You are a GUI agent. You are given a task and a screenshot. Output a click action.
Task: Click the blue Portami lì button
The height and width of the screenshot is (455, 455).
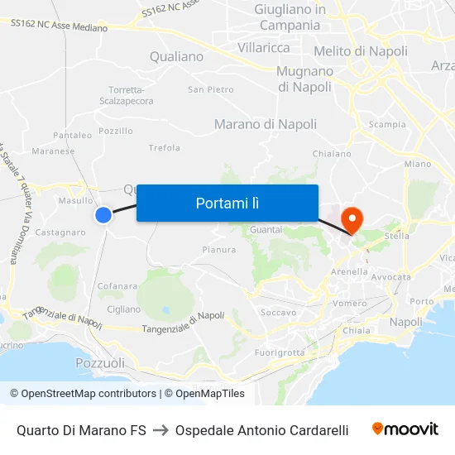pos(227,203)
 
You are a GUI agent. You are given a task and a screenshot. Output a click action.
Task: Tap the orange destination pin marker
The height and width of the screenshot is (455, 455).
pos(352,219)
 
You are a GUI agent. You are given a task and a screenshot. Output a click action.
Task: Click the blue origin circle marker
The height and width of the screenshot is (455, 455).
pos(103,215)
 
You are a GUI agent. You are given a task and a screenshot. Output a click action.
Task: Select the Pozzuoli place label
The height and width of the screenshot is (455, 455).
pos(100,363)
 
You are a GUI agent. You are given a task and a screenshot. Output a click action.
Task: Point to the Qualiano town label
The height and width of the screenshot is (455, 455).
pos(176,57)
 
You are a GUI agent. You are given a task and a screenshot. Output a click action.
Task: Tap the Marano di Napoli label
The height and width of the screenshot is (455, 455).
pos(265,124)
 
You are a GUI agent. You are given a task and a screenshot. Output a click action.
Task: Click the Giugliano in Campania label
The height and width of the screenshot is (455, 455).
pos(290,17)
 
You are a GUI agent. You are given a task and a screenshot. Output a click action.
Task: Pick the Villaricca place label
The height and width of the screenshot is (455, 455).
pos(264,48)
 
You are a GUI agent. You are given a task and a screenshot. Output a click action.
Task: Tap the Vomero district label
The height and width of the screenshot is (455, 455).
pos(349,304)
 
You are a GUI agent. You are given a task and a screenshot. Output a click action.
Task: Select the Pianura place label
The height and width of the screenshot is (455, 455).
pos(219,249)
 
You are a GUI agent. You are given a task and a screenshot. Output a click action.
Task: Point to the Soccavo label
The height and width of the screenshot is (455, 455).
pos(278,313)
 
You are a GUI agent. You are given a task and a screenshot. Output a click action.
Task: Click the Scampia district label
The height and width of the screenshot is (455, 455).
pos(387,125)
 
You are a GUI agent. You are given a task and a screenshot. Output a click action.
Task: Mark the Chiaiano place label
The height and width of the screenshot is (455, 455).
pos(332,154)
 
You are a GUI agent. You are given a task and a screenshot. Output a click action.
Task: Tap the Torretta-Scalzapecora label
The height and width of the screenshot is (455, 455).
pos(131,95)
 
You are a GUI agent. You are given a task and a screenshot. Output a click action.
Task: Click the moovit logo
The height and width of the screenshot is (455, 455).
pos(405,429)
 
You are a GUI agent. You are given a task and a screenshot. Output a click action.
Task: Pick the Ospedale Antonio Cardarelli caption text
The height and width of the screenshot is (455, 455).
pos(261,430)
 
